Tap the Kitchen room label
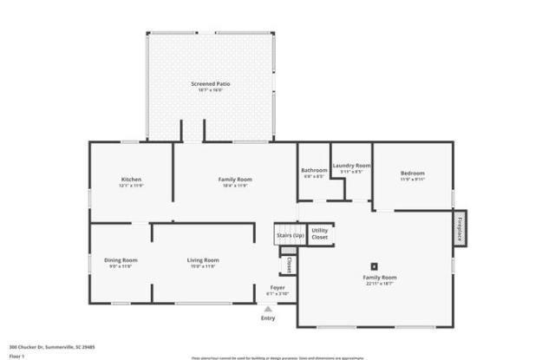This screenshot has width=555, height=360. pyautogui.click(x=131, y=179)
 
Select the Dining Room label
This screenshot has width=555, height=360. pyautogui.click(x=121, y=259)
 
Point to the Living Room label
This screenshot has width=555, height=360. pyautogui.click(x=203, y=259)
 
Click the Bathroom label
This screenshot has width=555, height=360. pyautogui.click(x=313, y=170)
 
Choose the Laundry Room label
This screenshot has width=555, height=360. pyautogui.click(x=351, y=165)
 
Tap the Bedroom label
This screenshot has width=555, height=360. pyautogui.click(x=412, y=173)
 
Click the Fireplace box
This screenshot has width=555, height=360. pyautogui.click(x=459, y=227)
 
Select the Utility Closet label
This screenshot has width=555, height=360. pyautogui.click(x=320, y=233)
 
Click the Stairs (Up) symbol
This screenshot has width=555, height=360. pyautogui.click(x=290, y=235)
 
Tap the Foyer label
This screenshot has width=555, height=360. pyautogui.click(x=277, y=287)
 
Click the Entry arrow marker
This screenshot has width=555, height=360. pyautogui.click(x=268, y=308)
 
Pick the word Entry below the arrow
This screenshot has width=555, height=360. pyautogui.click(x=268, y=317)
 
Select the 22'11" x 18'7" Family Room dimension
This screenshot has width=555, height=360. pyautogui.click(x=378, y=284)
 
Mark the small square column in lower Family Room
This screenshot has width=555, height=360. pyautogui.click(x=375, y=266)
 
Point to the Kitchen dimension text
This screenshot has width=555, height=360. pyautogui.click(x=131, y=186)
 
